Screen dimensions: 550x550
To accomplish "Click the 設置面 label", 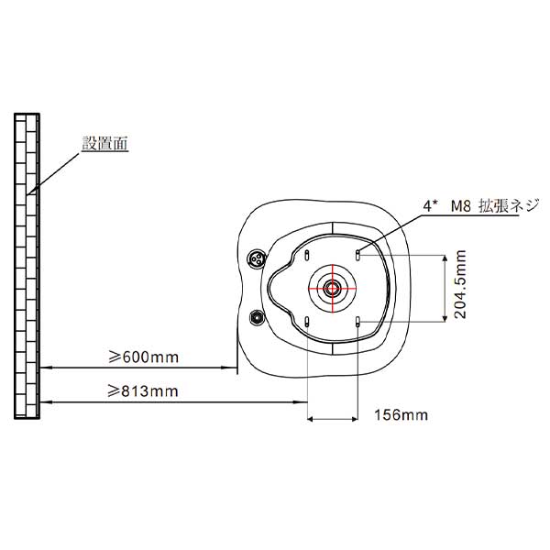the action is pyautogui.click(x=105, y=143).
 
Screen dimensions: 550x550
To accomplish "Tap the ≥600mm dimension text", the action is pyautogui.click(x=143, y=357).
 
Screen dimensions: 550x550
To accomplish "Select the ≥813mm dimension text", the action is pyautogui.click(x=143, y=391).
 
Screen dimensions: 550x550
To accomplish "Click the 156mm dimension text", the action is pyautogui.click(x=401, y=415).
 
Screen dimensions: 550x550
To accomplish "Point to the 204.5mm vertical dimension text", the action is pyautogui.click(x=460, y=284).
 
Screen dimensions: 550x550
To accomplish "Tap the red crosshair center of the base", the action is pyautogui.click(x=332, y=289).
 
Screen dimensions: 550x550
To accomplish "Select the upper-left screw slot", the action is pyautogui.click(x=307, y=255).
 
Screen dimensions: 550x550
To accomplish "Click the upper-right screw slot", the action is pyautogui.click(x=357, y=255).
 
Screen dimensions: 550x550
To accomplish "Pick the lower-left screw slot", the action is pyautogui.click(x=307, y=322).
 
